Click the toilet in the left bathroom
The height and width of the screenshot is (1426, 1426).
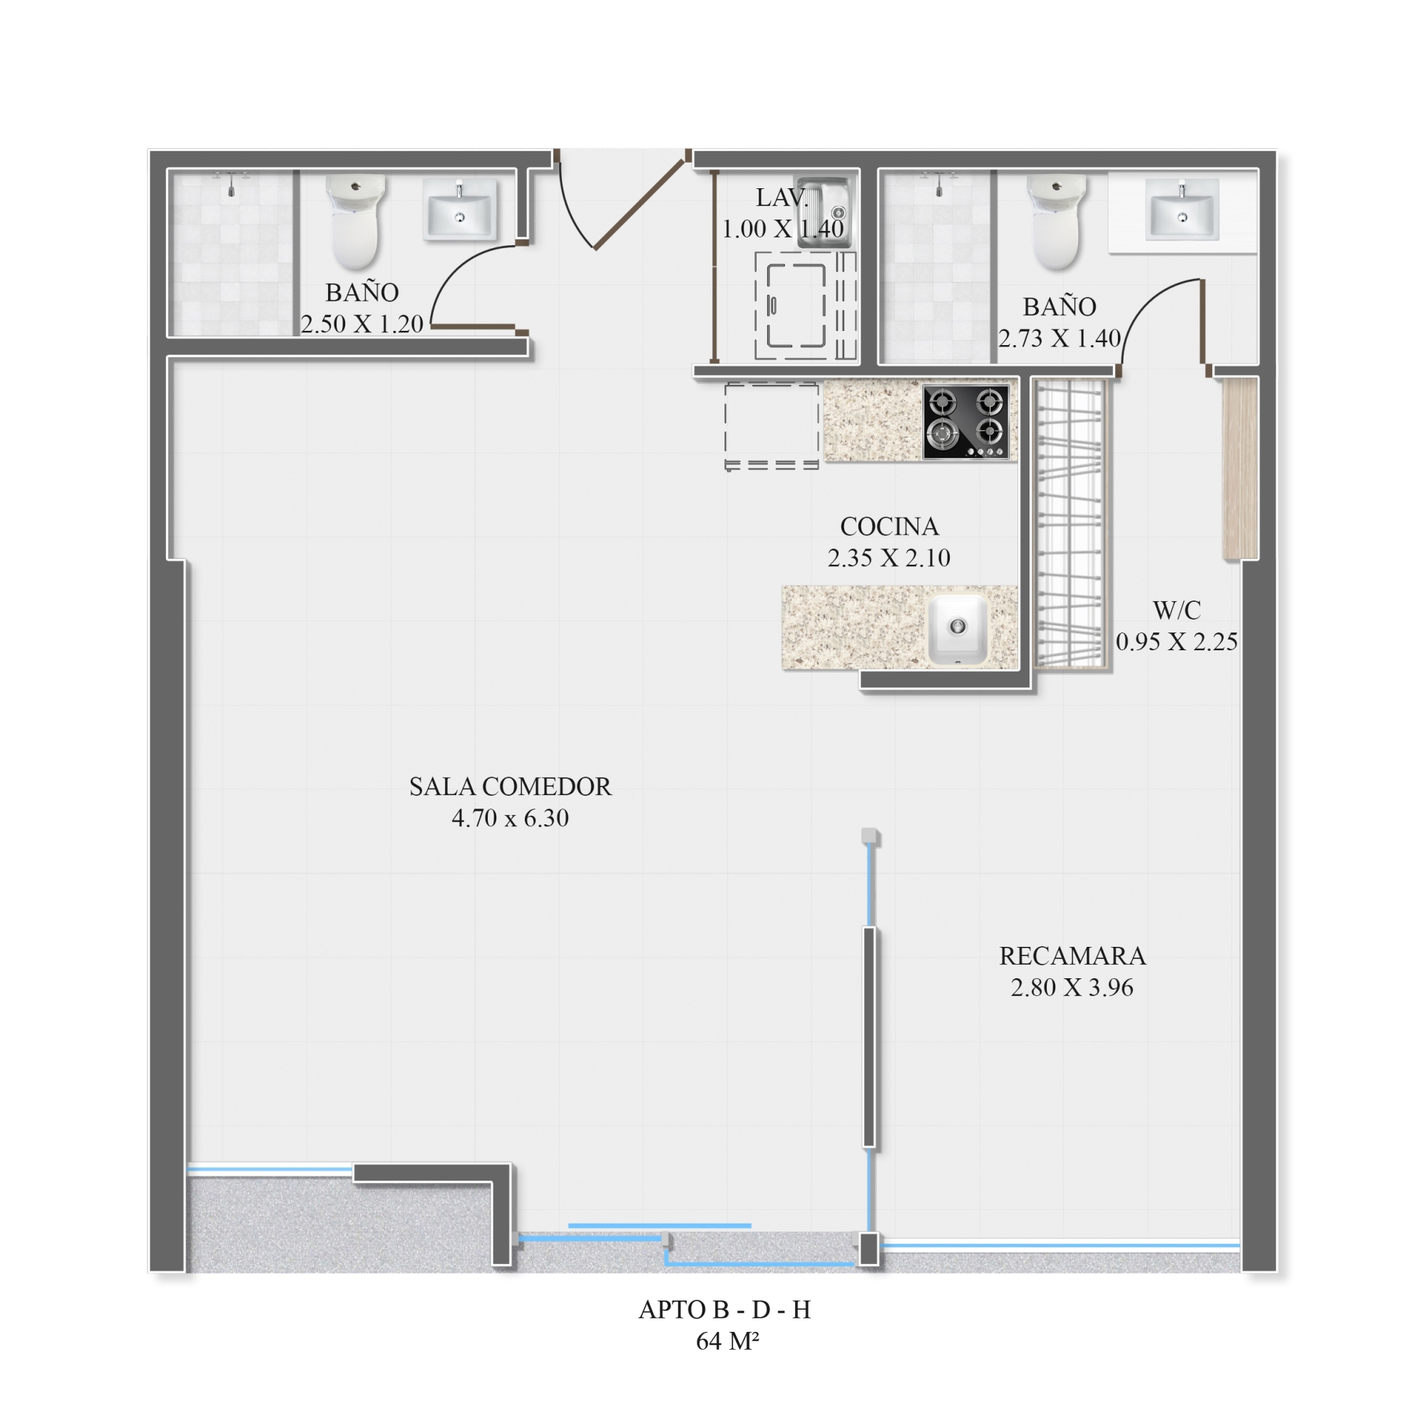pos(356,222)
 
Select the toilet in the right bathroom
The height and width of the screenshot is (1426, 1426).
pos(1057,222)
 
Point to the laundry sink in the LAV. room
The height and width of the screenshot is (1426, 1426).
pos(824,212)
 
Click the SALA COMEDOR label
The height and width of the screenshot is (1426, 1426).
pos(510,787)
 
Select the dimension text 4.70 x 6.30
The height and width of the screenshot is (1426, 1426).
pos(510,819)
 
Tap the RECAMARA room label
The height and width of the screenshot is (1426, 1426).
pos(1072,956)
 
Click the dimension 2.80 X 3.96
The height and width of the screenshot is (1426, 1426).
pos(1072,988)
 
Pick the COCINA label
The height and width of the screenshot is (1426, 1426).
pos(889,526)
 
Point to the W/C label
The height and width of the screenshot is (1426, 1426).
pos(1176,610)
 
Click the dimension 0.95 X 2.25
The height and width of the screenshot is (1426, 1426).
pos(1176,642)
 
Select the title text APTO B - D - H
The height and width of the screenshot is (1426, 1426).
pos(724,1309)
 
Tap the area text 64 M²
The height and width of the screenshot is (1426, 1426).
pos(727,1341)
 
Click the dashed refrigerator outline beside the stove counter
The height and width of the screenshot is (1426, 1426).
pos(771,426)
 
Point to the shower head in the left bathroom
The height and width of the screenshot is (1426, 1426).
pos(231,185)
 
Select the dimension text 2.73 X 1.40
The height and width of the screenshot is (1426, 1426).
pos(1060,338)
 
